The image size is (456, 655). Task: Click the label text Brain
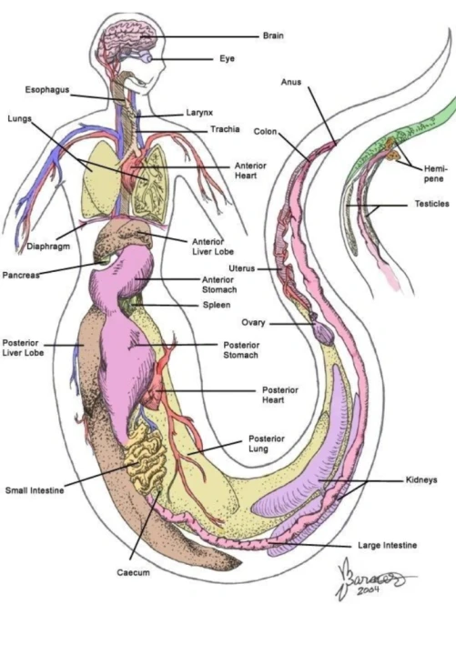[273, 35]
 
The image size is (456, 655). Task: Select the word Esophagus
[47, 90]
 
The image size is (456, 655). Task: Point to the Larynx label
[199, 113]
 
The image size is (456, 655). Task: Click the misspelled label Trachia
[225, 129]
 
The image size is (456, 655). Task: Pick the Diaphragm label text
[48, 247]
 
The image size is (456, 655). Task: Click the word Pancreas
[21, 276]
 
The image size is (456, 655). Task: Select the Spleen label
[217, 305]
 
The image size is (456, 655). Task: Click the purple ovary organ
[323, 333]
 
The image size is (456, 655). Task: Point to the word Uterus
[241, 268]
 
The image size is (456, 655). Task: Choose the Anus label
[291, 82]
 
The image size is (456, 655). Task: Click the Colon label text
[265, 132]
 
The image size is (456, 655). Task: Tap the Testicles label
[431, 204]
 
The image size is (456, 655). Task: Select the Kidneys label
[421, 480]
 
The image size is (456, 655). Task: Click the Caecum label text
[133, 573]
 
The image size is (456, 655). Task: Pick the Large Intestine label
[387, 546]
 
